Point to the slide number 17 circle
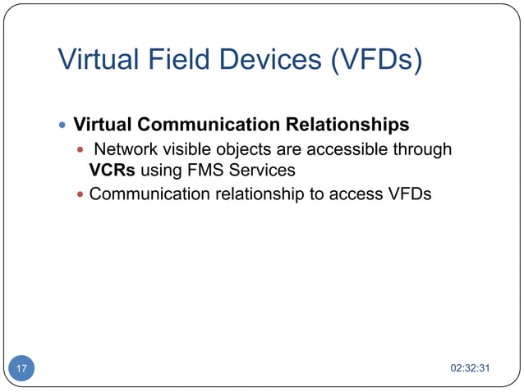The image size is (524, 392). pyautogui.click(x=21, y=368)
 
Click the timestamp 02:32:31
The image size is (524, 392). pyautogui.click(x=471, y=368)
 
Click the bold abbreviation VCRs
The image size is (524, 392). pyautogui.click(x=112, y=171)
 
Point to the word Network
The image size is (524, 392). pyautogui.click(x=125, y=149)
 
